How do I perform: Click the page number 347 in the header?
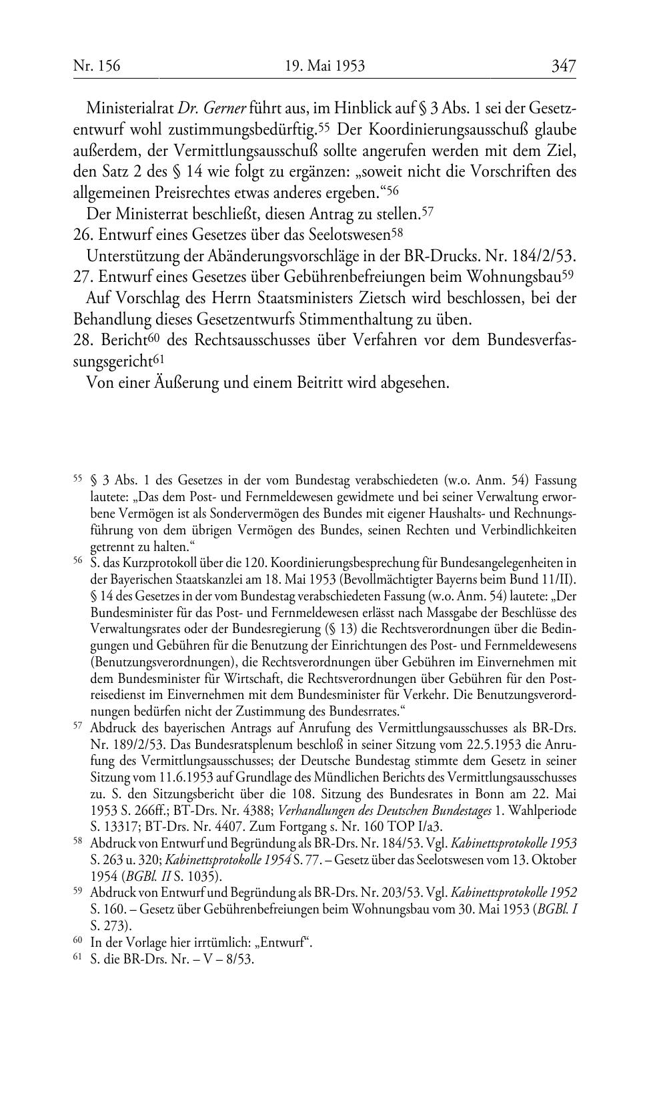pyautogui.click(x=563, y=66)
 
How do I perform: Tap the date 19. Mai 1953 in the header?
pyautogui.click(x=325, y=66)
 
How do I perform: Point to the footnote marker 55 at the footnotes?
pyautogui.click(x=77, y=478)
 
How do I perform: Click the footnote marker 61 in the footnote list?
pyautogui.click(x=77, y=959)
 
